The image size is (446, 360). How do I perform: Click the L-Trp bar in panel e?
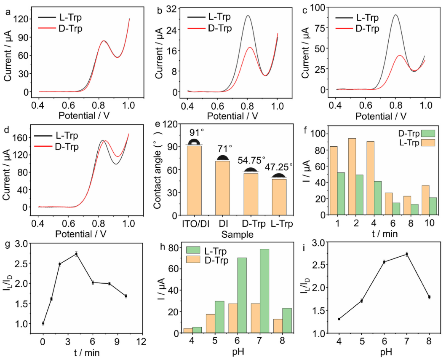tap(278, 197)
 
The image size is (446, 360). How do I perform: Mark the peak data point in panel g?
tap(76, 254)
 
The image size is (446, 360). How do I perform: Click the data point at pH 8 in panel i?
tap(429, 297)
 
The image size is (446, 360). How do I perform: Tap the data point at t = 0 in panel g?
tap(43, 323)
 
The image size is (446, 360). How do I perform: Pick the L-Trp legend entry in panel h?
tap(214, 251)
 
